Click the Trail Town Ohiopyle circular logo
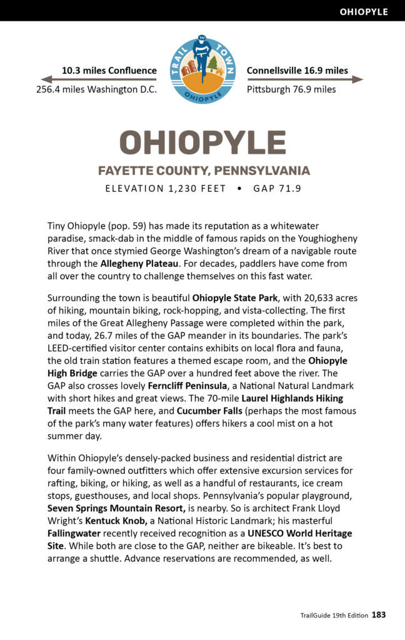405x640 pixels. pyautogui.click(x=202, y=69)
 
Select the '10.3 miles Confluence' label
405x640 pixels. pyautogui.click(x=109, y=71)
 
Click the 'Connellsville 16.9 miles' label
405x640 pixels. pyautogui.click(x=297, y=71)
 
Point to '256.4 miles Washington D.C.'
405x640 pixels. pyautogui.click(x=96, y=89)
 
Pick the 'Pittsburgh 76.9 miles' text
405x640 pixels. pyautogui.click(x=291, y=89)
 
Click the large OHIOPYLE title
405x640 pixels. pyautogui.click(x=202, y=142)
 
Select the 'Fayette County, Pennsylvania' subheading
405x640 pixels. pyautogui.click(x=204, y=171)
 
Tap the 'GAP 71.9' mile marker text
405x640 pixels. pyautogui.click(x=277, y=189)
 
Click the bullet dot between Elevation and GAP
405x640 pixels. pyautogui.click(x=239, y=189)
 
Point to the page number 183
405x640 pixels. pyautogui.click(x=379, y=615)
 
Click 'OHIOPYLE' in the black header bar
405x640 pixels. pyautogui.click(x=364, y=11)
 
